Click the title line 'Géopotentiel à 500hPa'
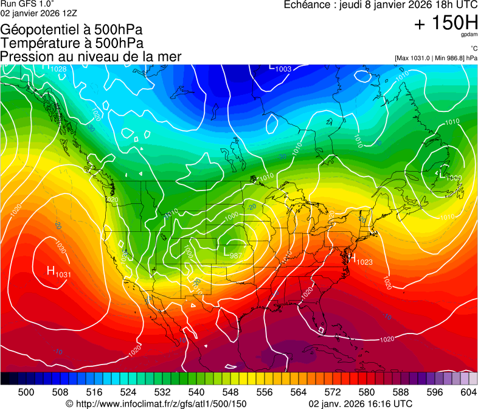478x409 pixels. (72, 29)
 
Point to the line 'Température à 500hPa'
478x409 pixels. (72, 43)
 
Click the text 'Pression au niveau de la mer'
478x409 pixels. (91, 57)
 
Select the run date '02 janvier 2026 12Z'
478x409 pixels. (38, 13)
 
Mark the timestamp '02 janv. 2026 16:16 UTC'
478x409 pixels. (360, 404)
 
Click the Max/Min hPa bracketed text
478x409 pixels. (435, 58)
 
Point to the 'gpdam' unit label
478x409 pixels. (469, 35)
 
